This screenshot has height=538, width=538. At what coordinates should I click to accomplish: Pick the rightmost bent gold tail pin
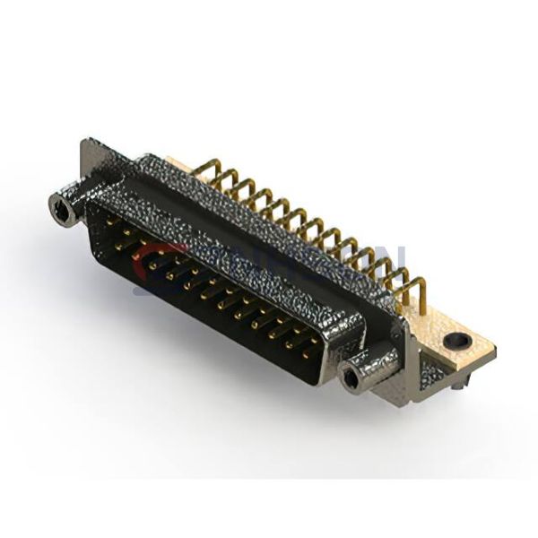pyautogui.click(x=413, y=288)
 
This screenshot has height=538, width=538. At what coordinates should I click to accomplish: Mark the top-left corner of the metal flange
pyautogui.click(x=87, y=141)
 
